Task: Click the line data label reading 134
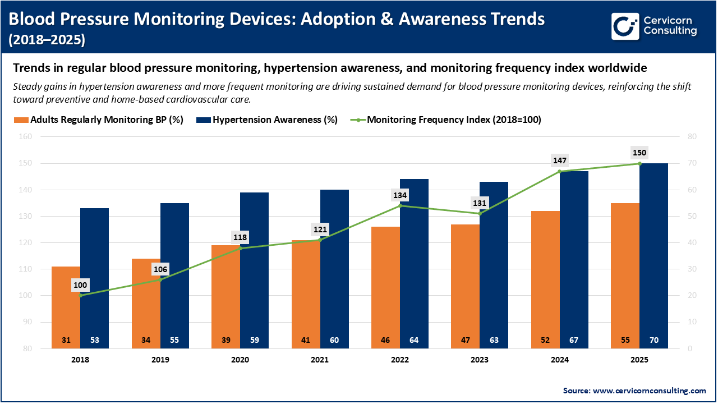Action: [x=400, y=195]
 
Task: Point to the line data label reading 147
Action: [x=560, y=161]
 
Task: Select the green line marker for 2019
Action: [x=160, y=279]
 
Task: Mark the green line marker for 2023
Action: [x=480, y=213]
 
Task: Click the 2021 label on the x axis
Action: [x=320, y=360]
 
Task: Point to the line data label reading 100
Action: [x=81, y=285]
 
